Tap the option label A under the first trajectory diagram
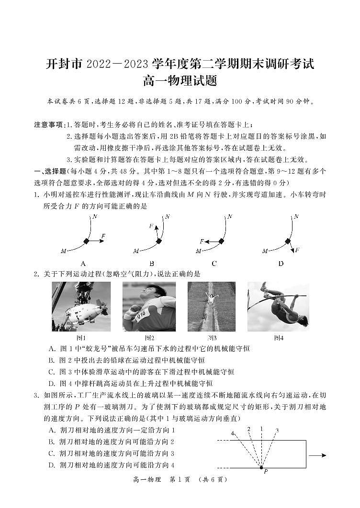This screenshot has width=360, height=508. click(x=83, y=264)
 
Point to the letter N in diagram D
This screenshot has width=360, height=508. click(x=296, y=217)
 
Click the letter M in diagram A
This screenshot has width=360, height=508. click(x=63, y=251)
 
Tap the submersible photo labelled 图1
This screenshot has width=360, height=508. click(x=81, y=307)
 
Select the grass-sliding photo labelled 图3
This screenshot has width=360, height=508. click(x=211, y=307)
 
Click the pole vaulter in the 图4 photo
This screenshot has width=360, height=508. click(x=278, y=307)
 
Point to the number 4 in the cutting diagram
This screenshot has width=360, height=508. click(x=233, y=433)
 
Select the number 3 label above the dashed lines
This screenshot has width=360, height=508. click(x=276, y=431)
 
